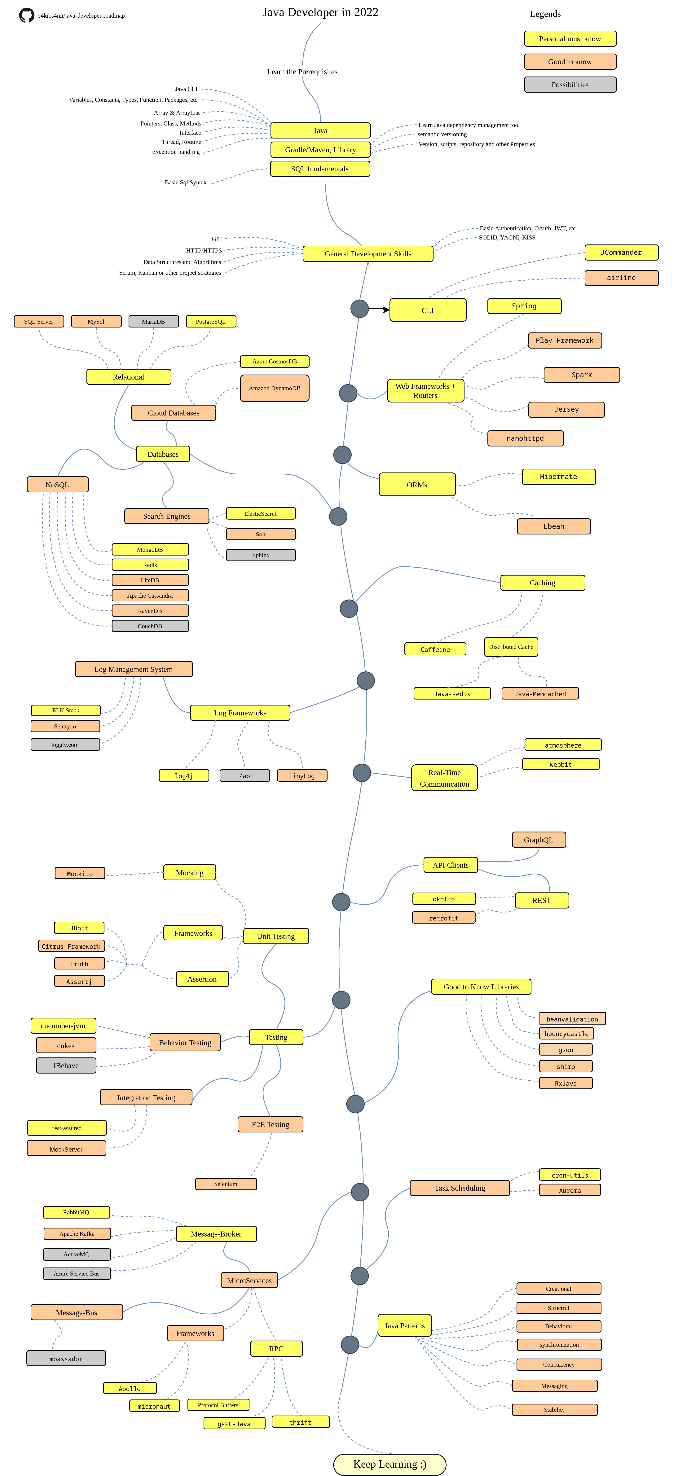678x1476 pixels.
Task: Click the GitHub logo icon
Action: [26, 15]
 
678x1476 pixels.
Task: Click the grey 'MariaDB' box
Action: [154, 321]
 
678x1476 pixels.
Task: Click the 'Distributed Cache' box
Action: [511, 647]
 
